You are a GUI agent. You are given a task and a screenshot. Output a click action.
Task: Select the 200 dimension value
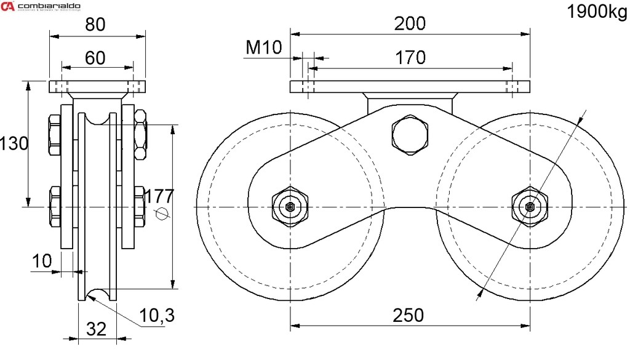pyautogui.click(x=410, y=23)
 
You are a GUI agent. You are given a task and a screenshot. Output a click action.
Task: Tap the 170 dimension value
pyautogui.click(x=410, y=58)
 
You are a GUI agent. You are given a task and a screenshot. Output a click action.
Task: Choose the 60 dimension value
pyautogui.click(x=95, y=58)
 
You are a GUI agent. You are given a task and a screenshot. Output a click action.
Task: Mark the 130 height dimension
pyautogui.click(x=14, y=144)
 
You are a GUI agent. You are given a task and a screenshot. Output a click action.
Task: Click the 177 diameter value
pyautogui.click(x=159, y=196)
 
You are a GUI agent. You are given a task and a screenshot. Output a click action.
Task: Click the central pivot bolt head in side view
pyautogui.click(x=409, y=134)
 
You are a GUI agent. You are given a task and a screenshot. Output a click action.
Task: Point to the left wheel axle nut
pyautogui.click(x=289, y=207)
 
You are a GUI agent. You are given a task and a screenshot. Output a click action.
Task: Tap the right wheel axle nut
pyautogui.click(x=529, y=207)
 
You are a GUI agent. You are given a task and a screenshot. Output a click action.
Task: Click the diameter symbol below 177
pyautogui.click(x=161, y=214)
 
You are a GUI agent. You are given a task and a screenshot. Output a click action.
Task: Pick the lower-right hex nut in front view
pyautogui.click(x=139, y=206)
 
